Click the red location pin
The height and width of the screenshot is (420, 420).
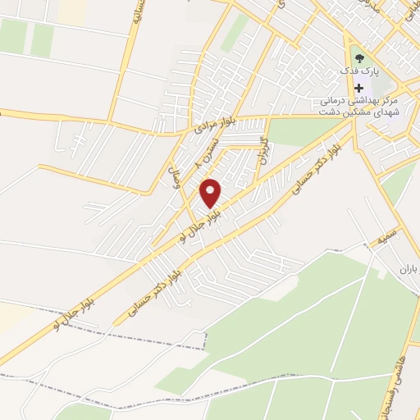click(x=211, y=194)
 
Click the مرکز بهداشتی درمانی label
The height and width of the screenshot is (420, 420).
click(x=358, y=99)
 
